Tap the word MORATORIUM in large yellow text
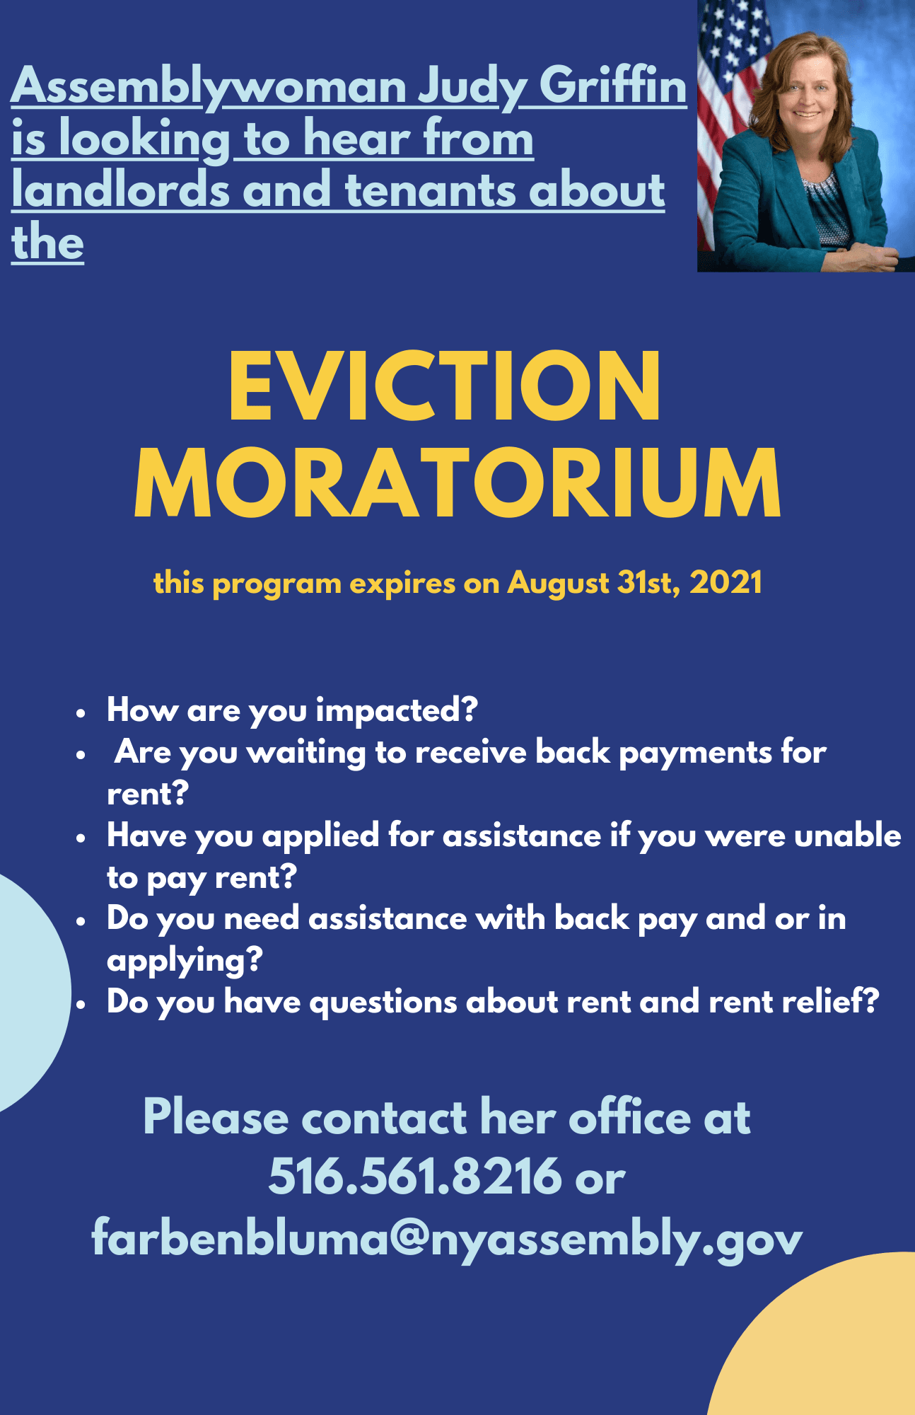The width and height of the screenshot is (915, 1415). click(x=458, y=484)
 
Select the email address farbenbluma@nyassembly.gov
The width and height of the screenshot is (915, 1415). click(x=447, y=1238)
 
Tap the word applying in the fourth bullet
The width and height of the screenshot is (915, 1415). click(x=184, y=961)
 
